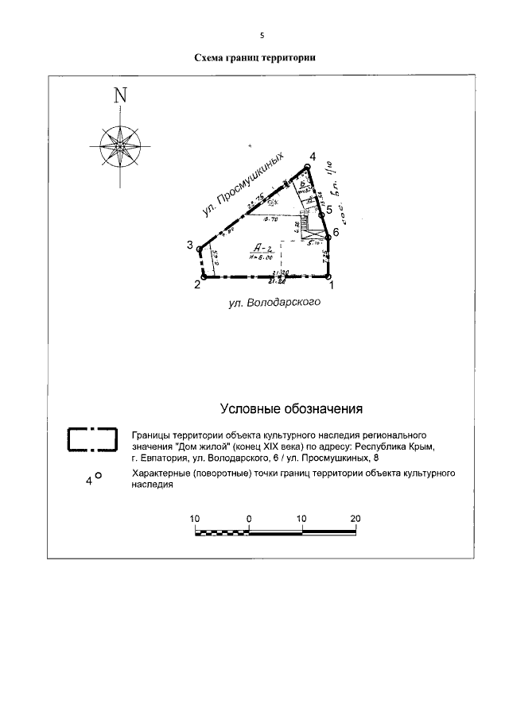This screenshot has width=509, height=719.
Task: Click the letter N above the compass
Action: tap(121, 95)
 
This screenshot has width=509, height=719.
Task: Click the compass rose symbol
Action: tap(120, 147)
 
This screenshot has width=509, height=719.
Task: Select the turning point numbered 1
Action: tap(329, 276)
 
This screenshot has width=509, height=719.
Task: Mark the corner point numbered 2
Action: tap(204, 276)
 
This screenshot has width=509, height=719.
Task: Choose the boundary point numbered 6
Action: tap(327, 233)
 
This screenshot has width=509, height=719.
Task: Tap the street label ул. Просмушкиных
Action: tap(243, 186)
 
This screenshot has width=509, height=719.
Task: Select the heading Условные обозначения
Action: tap(291, 410)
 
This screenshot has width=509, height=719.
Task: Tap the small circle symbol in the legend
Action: tap(99, 476)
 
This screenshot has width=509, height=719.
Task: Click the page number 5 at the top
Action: tap(261, 35)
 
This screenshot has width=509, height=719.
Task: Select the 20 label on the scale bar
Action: tap(355, 518)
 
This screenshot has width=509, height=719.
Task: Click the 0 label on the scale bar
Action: tap(249, 518)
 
